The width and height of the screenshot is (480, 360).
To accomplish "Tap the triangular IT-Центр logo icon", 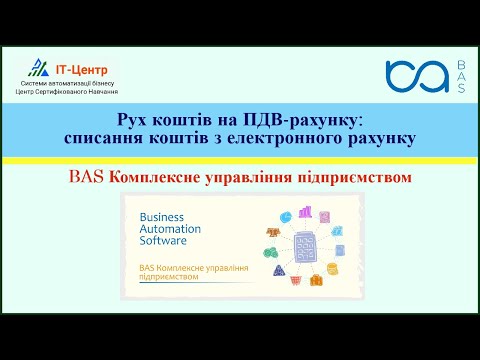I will click(39, 68).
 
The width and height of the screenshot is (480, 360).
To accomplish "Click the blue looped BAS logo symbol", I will click(415, 76).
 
